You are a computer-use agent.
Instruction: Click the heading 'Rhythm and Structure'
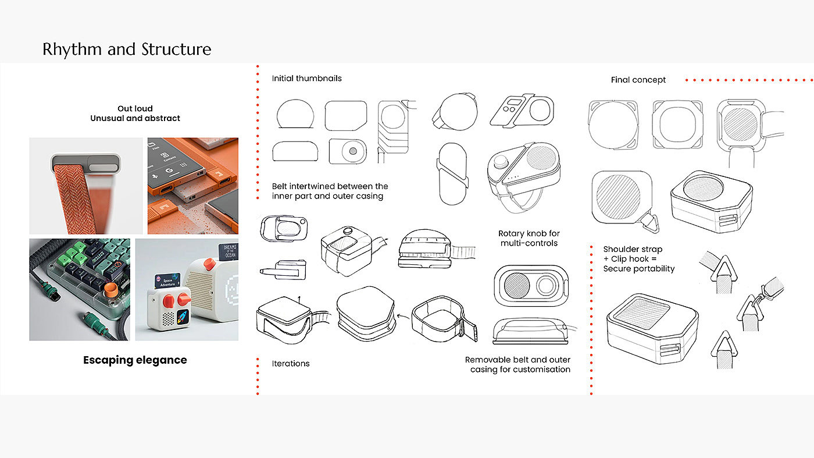pyautogui.click(x=127, y=49)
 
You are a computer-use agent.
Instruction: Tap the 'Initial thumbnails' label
pyautogui.click(x=306, y=78)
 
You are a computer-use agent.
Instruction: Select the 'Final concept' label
pyautogui.click(x=638, y=80)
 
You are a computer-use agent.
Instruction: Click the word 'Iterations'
pyautogui.click(x=291, y=364)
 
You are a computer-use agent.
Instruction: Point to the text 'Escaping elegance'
pyautogui.click(x=135, y=360)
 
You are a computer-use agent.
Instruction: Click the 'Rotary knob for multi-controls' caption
pyautogui.click(x=529, y=238)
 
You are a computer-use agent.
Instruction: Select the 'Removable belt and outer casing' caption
pyautogui.click(x=517, y=364)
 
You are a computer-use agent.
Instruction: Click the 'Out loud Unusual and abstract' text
pyautogui.click(x=135, y=113)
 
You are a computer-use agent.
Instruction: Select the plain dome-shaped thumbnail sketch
pyautogui.click(x=295, y=114)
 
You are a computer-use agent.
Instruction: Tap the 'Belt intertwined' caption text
pyautogui.click(x=330, y=191)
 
